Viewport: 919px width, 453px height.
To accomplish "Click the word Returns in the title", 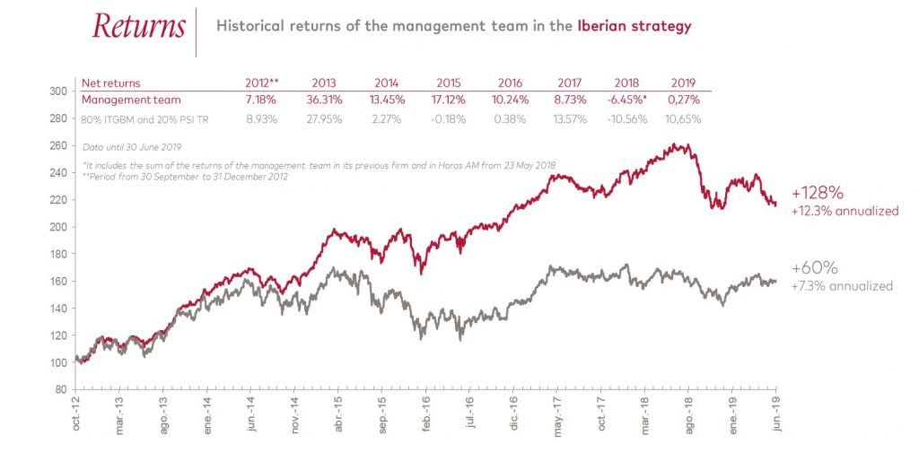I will pos(138,26).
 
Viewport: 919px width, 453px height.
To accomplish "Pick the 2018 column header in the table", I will pos(626,83).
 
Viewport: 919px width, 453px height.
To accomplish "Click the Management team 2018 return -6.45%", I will pos(625,100).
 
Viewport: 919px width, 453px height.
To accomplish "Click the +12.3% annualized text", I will pos(845,211).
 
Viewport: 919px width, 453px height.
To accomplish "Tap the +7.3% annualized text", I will pos(842,286).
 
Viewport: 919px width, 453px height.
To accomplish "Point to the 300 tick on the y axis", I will pos(57,91).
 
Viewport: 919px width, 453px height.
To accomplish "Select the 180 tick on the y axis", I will pos(57,254).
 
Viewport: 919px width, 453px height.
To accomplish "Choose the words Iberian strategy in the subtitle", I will pos(634,26).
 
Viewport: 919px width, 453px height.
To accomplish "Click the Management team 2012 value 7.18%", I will pos(260,100).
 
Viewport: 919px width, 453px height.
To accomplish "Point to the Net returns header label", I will pos(111,83).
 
